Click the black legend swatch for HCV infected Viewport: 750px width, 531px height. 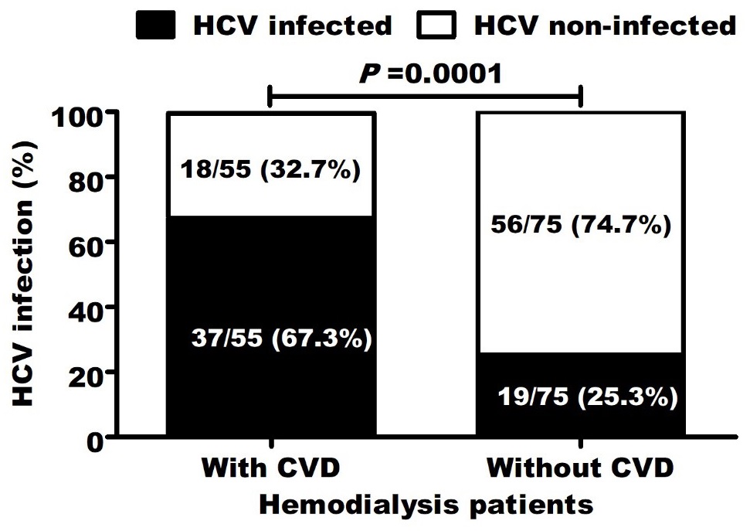point(159,26)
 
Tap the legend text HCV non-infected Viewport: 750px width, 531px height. point(605,26)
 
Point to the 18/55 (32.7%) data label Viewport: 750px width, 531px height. point(270,169)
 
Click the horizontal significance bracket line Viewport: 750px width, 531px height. point(424,97)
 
